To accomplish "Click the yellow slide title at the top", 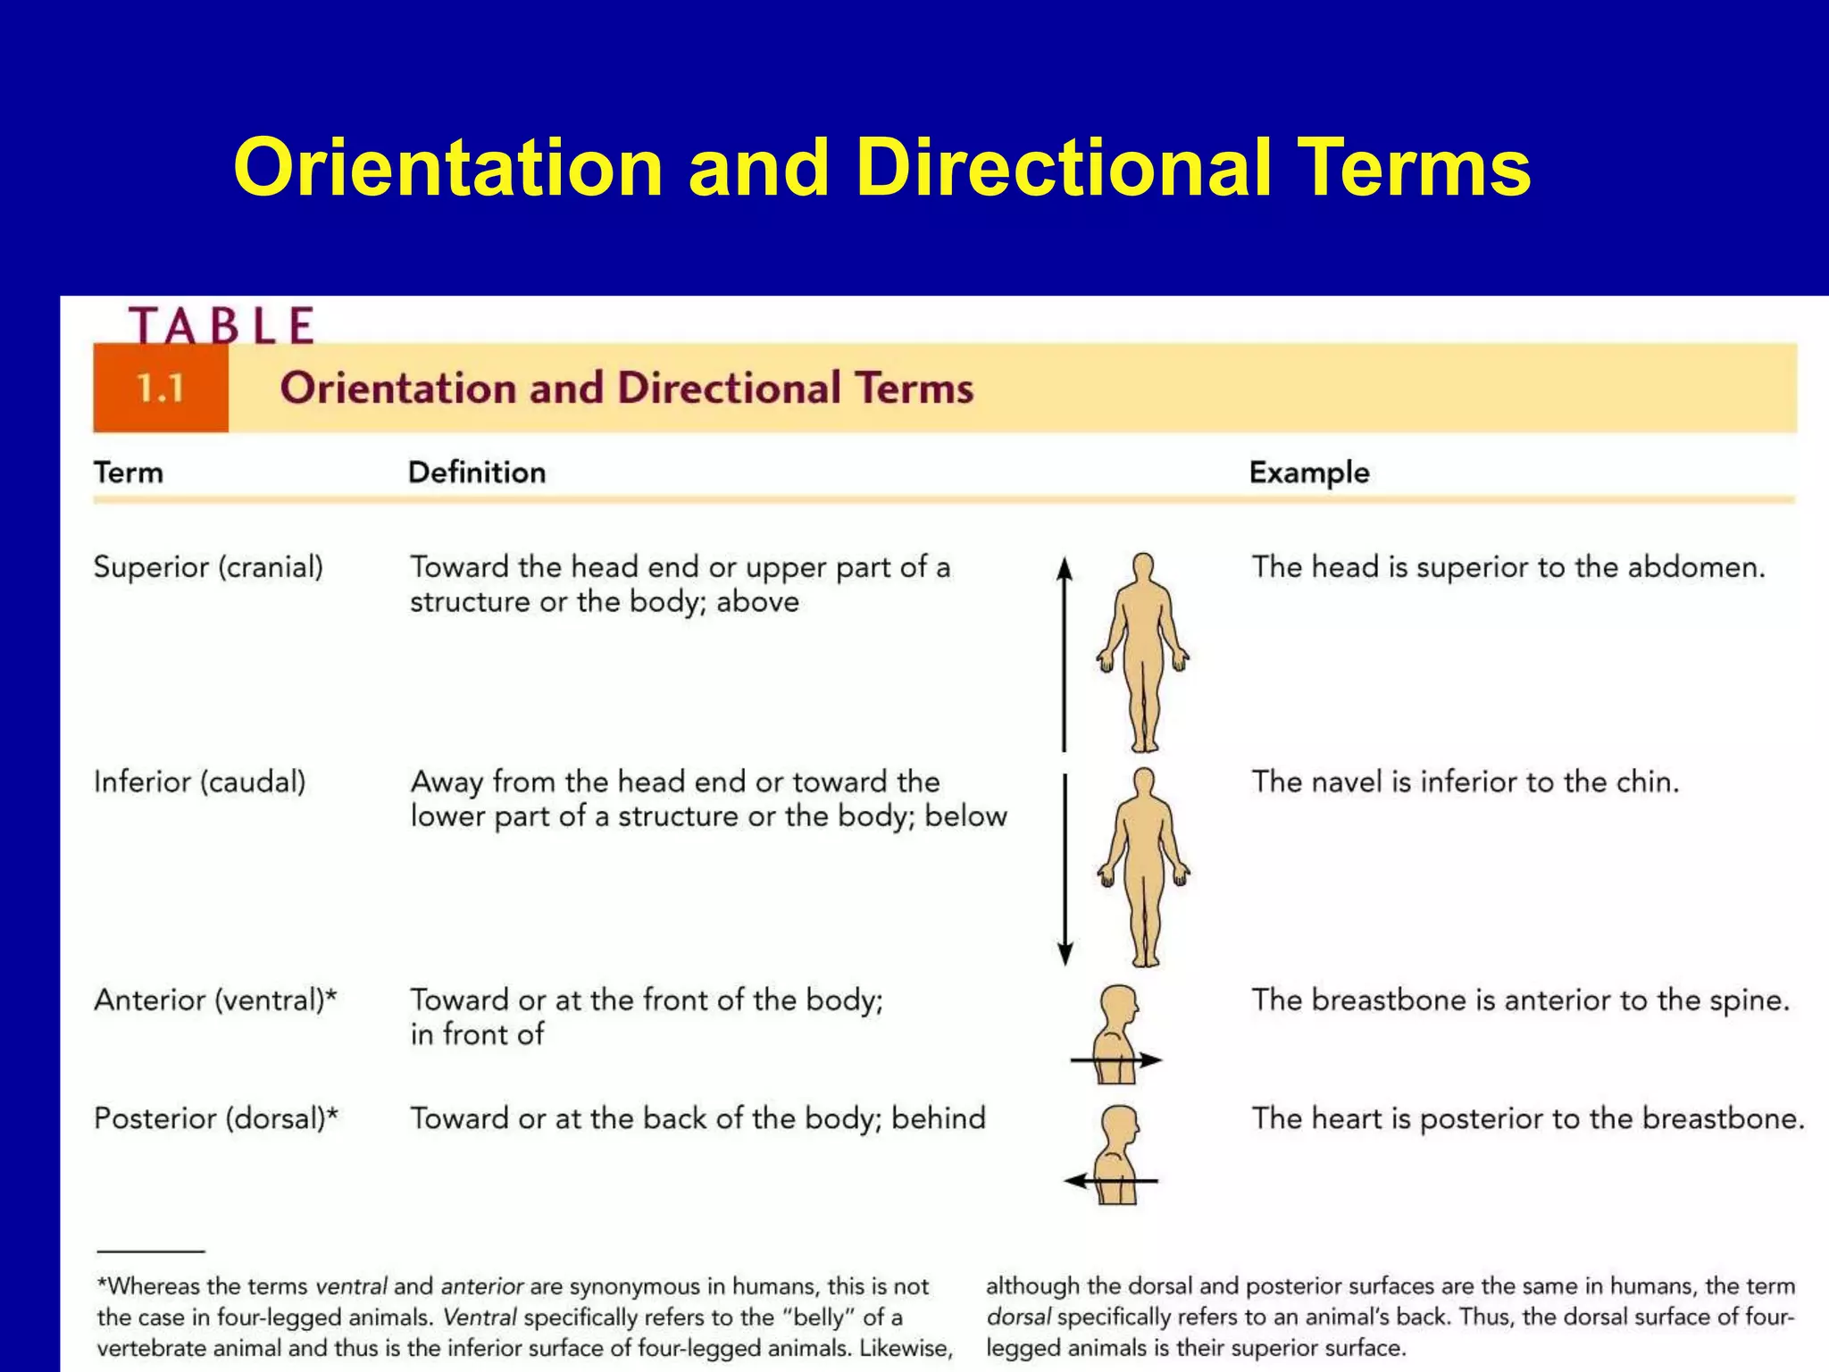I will pyautogui.click(x=881, y=167).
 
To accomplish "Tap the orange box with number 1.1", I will pyautogui.click(x=161, y=389).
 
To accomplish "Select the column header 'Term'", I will pyautogui.click(x=129, y=473).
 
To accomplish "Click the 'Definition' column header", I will pyautogui.click(x=477, y=473).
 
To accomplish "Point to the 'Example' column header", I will pyautogui.click(x=1308, y=473).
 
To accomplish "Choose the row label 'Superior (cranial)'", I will pyautogui.click(x=208, y=567).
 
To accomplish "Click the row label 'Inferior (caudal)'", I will pyautogui.click(x=199, y=782).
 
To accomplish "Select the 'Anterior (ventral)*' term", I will pyautogui.click(x=215, y=1000).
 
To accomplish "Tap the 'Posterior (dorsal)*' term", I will pyautogui.click(x=216, y=1118).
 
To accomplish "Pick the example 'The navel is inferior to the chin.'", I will pyautogui.click(x=1465, y=782).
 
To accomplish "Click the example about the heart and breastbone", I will pyautogui.click(x=1527, y=1118).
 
